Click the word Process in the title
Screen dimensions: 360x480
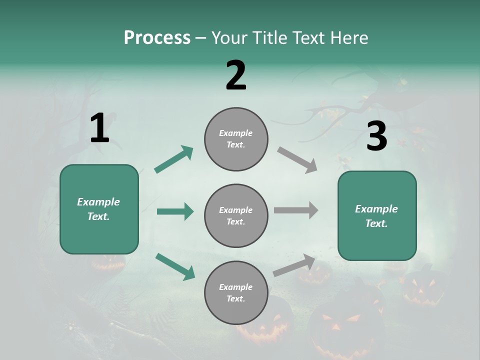tap(157, 37)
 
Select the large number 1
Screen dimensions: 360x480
tap(99, 128)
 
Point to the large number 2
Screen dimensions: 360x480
tap(236, 75)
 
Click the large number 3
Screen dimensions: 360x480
tap(376, 136)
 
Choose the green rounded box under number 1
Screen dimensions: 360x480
tap(99, 209)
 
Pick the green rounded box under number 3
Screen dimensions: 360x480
tap(377, 215)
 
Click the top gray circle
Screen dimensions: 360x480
tap(236, 139)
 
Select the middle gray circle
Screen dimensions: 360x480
tap(236, 215)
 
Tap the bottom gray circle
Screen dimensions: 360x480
tap(236, 292)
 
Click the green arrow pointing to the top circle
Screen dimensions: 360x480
tap(174, 159)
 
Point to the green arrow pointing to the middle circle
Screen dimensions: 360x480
tap(175, 211)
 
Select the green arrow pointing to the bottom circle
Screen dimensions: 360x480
tap(175, 266)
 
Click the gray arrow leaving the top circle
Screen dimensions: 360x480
tap(297, 160)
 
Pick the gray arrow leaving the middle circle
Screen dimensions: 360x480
tap(296, 210)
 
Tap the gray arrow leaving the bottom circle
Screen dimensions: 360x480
tap(294, 265)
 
